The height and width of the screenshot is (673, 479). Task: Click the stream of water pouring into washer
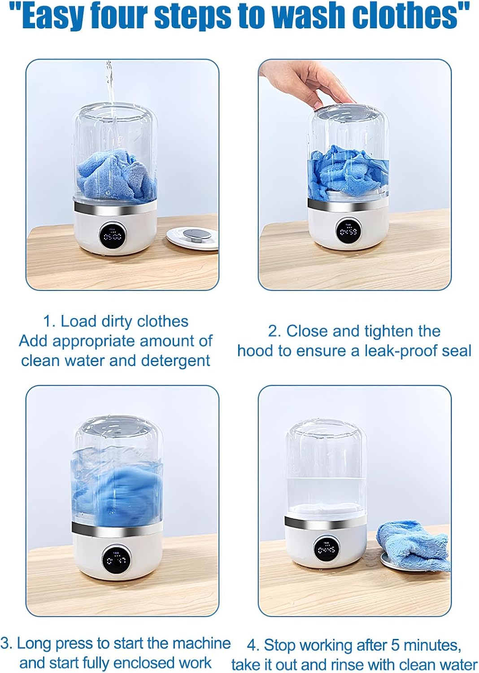coord(109,85)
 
